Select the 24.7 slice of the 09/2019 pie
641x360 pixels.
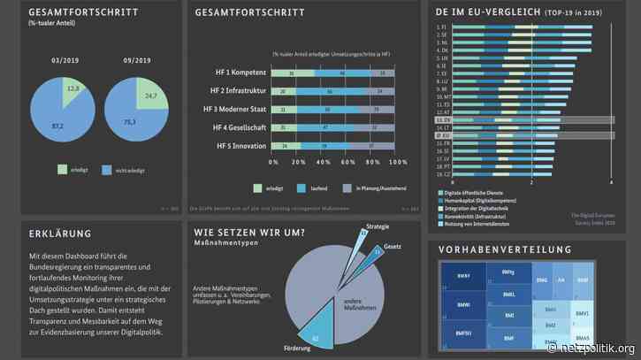pos(148,94)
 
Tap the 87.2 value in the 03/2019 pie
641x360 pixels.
pos(57,126)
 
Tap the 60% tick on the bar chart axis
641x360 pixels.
pos(353,163)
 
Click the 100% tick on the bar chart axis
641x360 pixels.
pos(400,163)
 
